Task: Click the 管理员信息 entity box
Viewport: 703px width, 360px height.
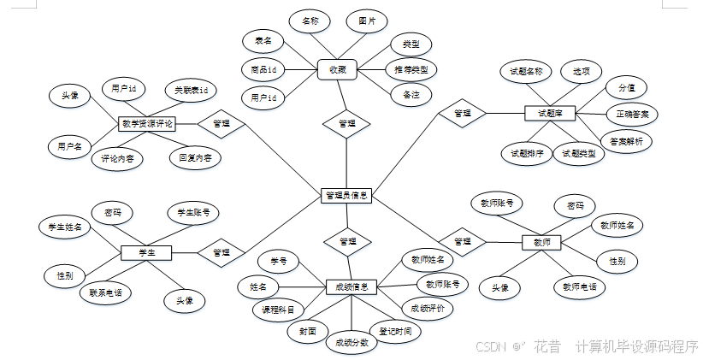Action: click(x=347, y=196)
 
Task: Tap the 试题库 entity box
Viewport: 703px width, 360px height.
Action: click(x=550, y=112)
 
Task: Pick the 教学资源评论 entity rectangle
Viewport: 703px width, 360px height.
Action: click(x=148, y=124)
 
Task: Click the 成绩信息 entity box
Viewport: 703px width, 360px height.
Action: click(x=351, y=287)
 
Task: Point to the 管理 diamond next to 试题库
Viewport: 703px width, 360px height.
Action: click(x=463, y=112)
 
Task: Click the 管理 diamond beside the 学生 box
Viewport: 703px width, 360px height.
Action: click(x=221, y=252)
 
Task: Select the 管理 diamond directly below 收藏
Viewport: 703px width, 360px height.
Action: click(x=346, y=123)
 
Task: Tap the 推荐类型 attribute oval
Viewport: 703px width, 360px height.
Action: click(x=411, y=68)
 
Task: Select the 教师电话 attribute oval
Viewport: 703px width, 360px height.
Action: click(x=579, y=286)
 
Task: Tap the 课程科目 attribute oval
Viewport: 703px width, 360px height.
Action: click(x=279, y=310)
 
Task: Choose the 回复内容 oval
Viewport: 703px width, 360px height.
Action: click(x=195, y=157)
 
